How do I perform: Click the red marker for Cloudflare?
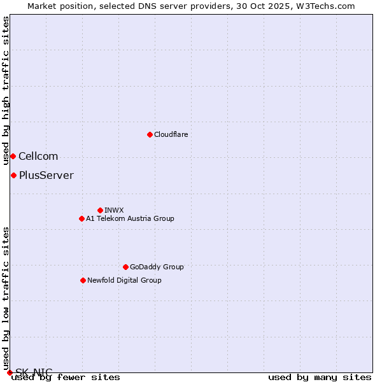coord(150,134)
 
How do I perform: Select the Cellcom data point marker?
coord(13,156)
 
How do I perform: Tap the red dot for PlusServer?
coord(13,175)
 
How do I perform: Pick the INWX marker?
coord(100,210)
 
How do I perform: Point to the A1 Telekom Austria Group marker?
coord(81,218)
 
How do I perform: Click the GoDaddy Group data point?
coord(125,267)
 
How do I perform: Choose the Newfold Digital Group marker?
coord(83,280)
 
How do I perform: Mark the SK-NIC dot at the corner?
coord(10,372)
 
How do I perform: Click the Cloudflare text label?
coord(171,134)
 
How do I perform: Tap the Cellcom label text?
coord(38,156)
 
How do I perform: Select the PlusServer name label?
coord(46,175)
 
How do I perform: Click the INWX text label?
coord(114,210)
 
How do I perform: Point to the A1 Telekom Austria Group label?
coord(130,218)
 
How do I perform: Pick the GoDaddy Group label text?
coord(157,267)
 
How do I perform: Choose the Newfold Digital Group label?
coord(124,280)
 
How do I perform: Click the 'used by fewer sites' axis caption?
coord(66,378)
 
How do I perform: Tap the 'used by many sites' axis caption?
coord(320,378)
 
